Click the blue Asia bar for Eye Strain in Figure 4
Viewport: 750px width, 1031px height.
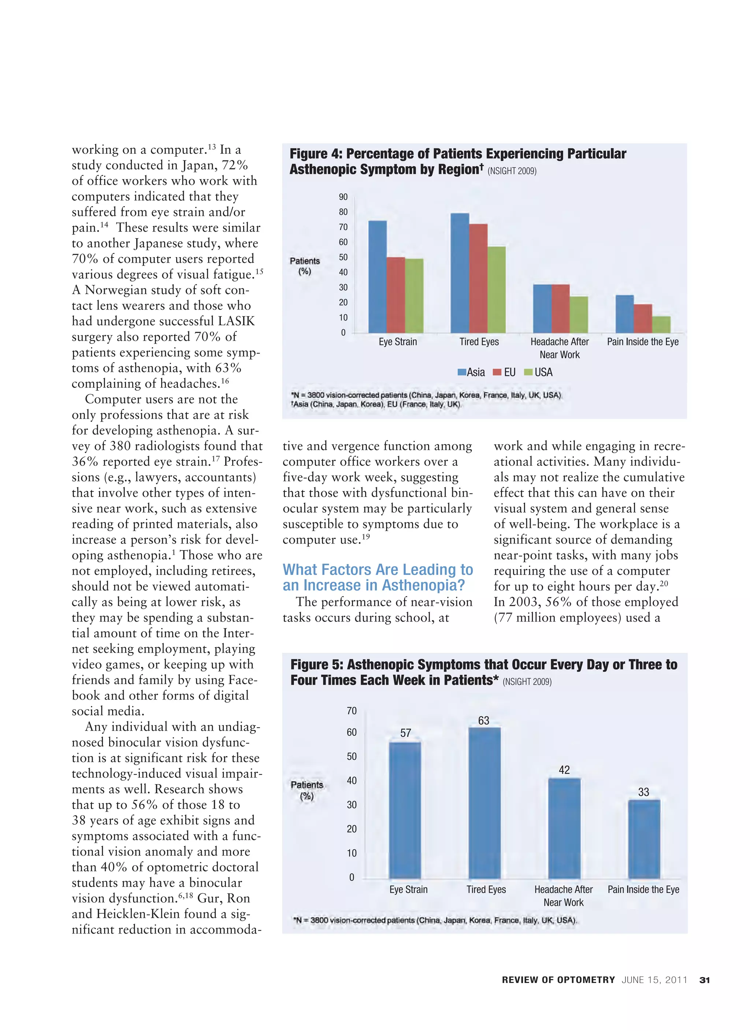(x=377, y=277)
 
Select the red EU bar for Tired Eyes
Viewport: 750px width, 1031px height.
(x=478, y=278)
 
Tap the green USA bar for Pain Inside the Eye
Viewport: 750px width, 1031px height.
(x=661, y=324)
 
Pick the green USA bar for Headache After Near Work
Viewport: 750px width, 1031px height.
(x=579, y=315)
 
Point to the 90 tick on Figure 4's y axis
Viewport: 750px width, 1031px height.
(x=343, y=197)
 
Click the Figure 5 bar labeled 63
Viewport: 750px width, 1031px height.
(x=484, y=803)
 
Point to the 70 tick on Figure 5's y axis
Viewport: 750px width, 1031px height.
(x=352, y=711)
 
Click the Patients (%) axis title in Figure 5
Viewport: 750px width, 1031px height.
(x=307, y=790)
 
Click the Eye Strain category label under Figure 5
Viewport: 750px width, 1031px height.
(x=408, y=889)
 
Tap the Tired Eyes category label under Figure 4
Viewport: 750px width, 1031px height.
(x=479, y=342)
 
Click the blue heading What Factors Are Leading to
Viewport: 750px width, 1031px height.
(x=378, y=570)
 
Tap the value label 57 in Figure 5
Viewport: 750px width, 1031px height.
(x=405, y=733)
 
